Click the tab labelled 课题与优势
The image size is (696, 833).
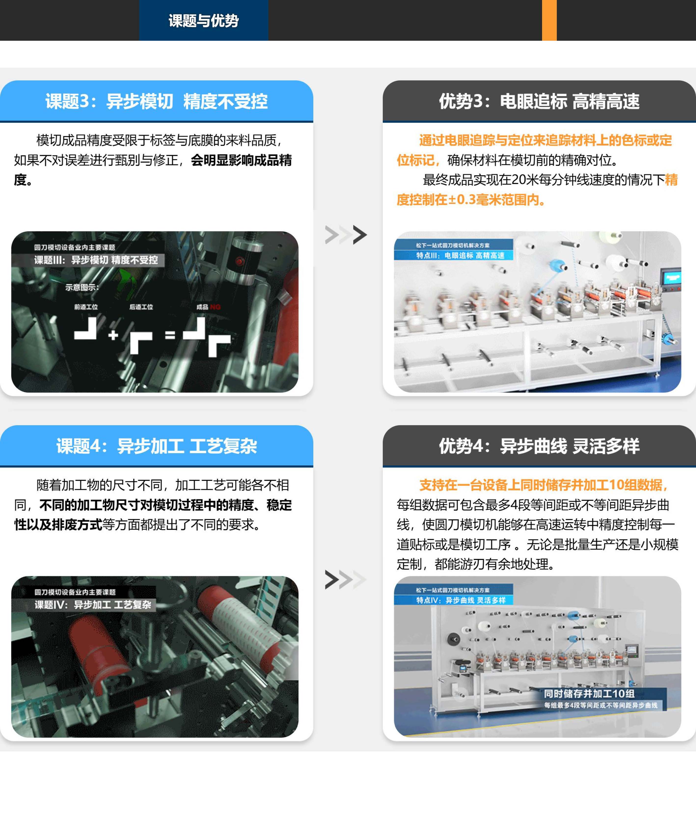tap(204, 20)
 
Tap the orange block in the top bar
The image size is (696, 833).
tap(549, 20)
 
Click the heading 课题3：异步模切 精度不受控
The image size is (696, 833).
tap(156, 101)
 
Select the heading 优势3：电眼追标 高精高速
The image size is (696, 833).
tap(539, 101)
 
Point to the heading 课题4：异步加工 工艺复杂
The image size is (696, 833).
tap(156, 446)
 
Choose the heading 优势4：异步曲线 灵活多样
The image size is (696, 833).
tap(539, 446)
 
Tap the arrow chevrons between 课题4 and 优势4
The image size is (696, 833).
tap(346, 580)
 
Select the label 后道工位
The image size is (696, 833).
tap(141, 307)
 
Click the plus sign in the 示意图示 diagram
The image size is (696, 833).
tap(113, 335)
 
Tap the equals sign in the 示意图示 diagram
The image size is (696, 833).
tap(170, 335)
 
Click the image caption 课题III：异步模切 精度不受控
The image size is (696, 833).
tap(96, 260)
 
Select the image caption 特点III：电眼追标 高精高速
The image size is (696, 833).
tap(460, 255)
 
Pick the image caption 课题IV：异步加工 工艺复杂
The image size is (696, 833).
tap(93, 605)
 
